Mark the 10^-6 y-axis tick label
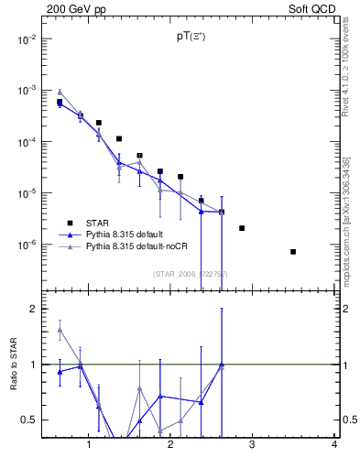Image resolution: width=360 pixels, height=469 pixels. pos(28,245)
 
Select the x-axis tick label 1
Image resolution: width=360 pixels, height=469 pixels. pos(88,445)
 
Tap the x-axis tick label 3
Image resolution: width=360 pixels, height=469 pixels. pos(252,445)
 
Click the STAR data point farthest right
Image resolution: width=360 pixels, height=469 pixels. pos(293,251)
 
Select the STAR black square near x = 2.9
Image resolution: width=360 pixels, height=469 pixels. pos(242,228)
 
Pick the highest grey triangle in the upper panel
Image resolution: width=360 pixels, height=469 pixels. pos(60,92)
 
